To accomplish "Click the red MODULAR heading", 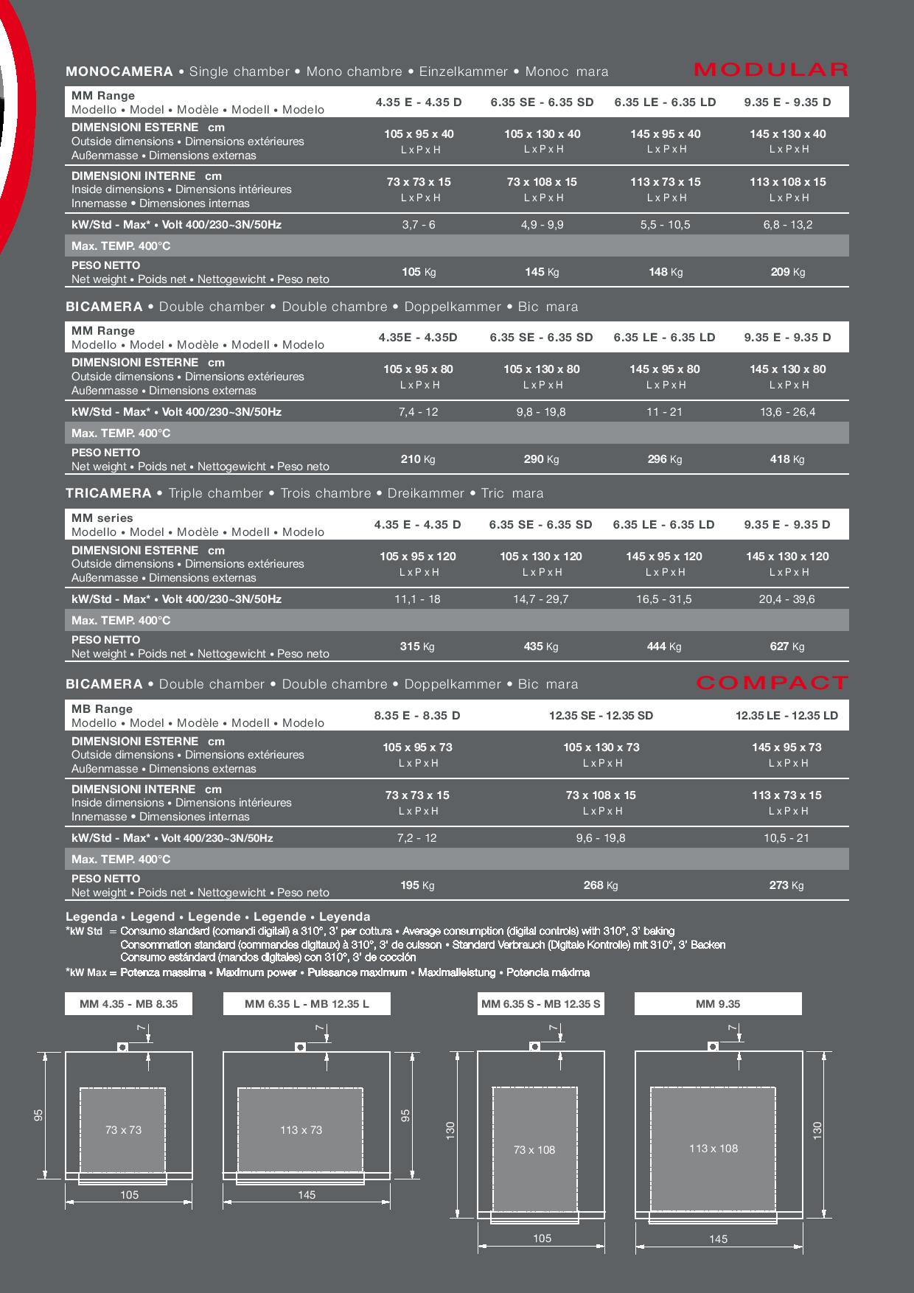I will coord(771,70).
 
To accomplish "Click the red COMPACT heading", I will coord(772,683).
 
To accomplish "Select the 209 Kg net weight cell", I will coord(787,272).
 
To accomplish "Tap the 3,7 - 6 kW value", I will coord(419,224).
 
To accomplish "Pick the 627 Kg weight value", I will coord(786,646).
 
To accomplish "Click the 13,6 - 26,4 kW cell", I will coord(787,411).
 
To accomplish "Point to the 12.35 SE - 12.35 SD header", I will coord(601,715).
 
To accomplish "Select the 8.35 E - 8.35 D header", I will coord(417,715).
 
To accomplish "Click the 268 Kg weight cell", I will coord(601,885).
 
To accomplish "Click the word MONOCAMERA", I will coord(119,72).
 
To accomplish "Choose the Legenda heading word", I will coord(91,916).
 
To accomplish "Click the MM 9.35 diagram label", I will coord(718,1003).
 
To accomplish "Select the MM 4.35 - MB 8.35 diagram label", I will coord(129,1003).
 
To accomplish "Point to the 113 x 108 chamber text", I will coord(714,1148).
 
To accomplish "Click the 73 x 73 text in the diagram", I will coord(123,1129).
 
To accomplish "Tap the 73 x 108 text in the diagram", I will coord(534,1149).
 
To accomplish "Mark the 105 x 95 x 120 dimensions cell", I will coord(418,557).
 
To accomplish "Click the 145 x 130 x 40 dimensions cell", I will coord(787,134).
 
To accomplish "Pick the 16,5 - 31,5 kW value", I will coord(664,599).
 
